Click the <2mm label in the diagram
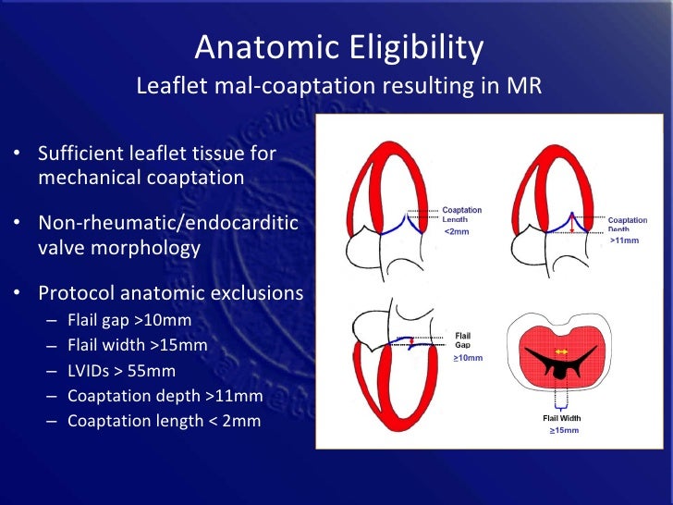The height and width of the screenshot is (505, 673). pos(457,231)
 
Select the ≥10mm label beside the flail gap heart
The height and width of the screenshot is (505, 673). pos(468,357)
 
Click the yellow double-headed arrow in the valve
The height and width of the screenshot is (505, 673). pos(559,351)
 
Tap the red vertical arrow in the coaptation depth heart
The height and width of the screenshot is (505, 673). pos(573,224)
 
